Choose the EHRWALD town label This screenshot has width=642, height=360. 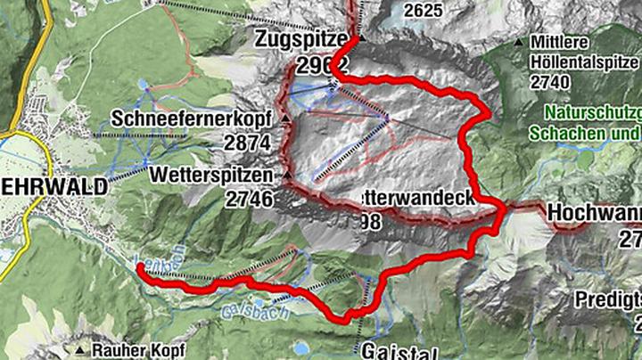[53, 186]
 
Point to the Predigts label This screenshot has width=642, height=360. [607, 297]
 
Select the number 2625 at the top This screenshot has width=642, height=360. [424, 10]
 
